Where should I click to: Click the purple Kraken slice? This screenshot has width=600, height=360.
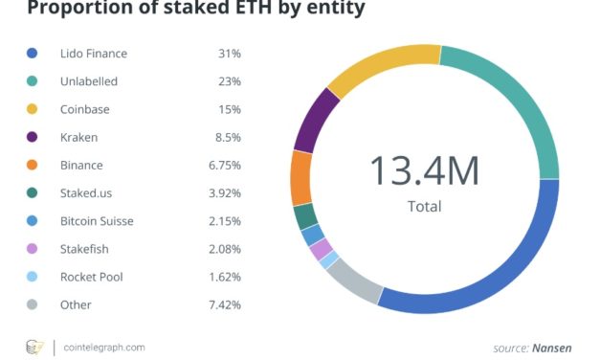point(317,124)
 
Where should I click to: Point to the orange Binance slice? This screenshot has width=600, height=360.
point(300,177)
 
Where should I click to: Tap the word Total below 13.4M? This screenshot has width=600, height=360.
point(424,205)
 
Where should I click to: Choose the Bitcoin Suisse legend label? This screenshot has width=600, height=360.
point(97,221)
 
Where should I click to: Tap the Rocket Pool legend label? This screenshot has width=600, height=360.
point(91,277)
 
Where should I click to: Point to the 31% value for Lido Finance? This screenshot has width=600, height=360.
point(228,54)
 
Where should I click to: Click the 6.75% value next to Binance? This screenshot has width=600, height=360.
point(223,166)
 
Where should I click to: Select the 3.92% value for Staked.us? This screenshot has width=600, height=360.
point(223,193)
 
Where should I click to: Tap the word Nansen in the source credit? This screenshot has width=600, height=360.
point(554,348)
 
